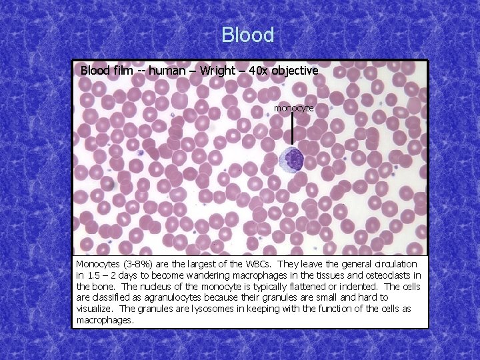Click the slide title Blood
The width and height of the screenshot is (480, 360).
point(247,35)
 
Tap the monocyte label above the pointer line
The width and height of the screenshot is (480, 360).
point(293,107)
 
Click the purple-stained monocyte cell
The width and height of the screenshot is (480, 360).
point(292,159)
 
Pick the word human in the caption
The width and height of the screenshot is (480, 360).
point(167,70)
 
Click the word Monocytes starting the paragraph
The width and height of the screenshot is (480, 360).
point(97,264)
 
